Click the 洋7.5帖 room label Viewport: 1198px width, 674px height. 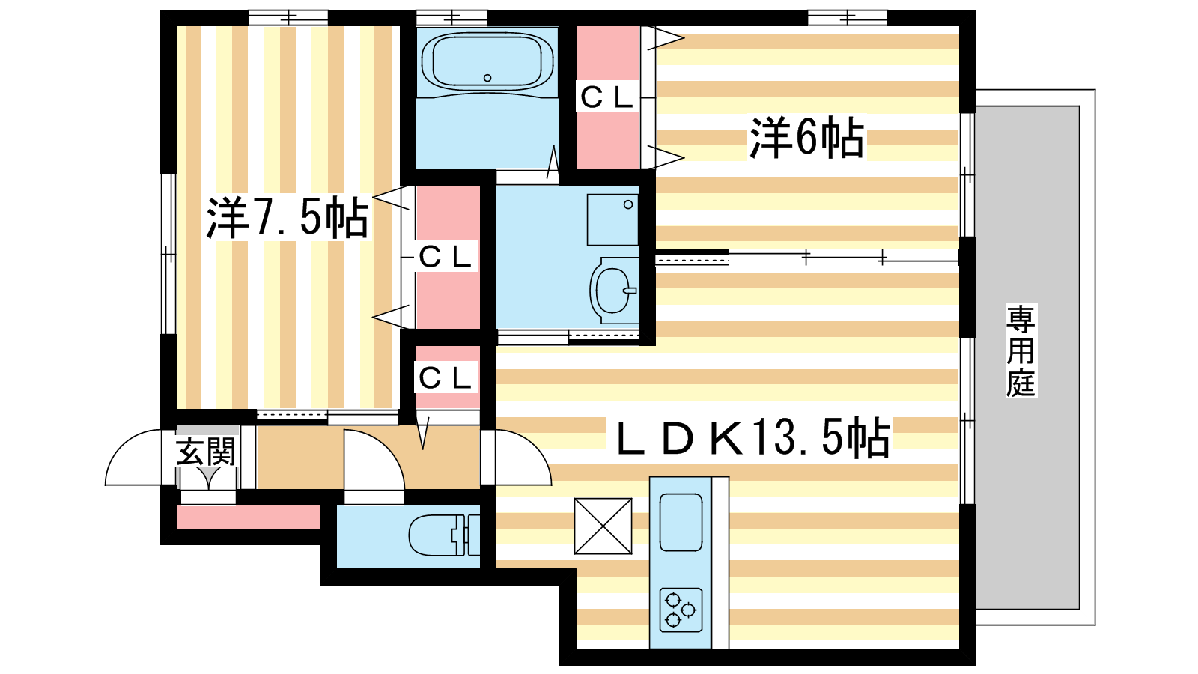(x=288, y=218)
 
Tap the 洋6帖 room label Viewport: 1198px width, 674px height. (x=806, y=138)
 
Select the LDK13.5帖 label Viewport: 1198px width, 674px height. (x=753, y=437)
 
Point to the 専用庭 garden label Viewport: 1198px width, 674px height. (x=1021, y=350)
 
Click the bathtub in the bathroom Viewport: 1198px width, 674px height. (x=487, y=62)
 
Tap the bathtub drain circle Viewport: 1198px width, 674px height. (x=487, y=78)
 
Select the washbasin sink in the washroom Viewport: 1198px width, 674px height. (x=614, y=290)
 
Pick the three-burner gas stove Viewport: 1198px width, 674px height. (x=681, y=610)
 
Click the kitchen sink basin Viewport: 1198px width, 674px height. (x=681, y=522)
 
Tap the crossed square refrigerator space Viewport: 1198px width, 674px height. (x=603, y=526)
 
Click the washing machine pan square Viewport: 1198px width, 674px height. (x=613, y=220)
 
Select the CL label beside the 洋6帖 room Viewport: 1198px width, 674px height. (x=607, y=97)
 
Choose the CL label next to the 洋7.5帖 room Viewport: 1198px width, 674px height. (x=446, y=258)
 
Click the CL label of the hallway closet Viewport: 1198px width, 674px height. (x=446, y=379)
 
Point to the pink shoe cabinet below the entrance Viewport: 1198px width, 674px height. (x=248, y=517)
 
